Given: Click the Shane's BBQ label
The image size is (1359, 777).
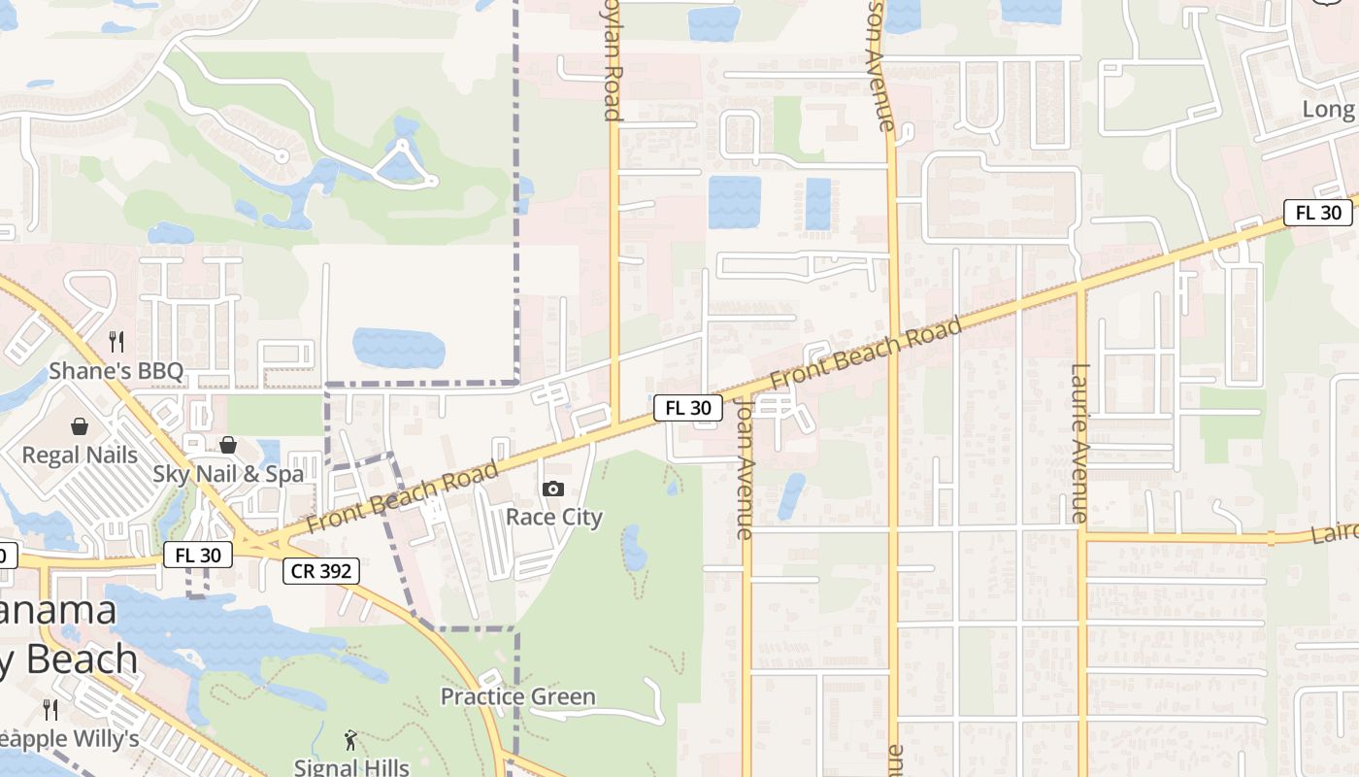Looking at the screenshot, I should (x=116, y=371).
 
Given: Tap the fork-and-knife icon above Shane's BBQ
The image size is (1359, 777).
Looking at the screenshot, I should (x=116, y=341).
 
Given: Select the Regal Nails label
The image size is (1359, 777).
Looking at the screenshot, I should (x=80, y=455).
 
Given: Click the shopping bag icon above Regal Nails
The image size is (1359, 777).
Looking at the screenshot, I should (x=80, y=425).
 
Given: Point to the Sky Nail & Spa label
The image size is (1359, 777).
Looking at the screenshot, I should (x=228, y=474).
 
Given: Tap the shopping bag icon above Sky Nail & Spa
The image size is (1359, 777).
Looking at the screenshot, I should (x=228, y=445).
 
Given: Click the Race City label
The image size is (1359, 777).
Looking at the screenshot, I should (x=554, y=517).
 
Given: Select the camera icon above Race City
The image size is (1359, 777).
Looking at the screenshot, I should (x=553, y=489).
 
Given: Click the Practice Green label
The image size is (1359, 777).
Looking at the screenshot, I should (x=518, y=696).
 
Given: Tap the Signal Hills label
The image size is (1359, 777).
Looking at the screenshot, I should (x=350, y=767).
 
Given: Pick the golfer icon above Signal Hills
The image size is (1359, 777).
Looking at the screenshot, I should (x=350, y=740).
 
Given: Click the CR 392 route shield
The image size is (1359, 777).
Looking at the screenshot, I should (x=322, y=571).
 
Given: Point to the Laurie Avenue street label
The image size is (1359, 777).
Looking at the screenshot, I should (x=1080, y=443).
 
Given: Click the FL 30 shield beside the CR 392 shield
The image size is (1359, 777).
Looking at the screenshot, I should (x=198, y=556).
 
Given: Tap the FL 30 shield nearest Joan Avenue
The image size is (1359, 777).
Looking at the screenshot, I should (x=688, y=408).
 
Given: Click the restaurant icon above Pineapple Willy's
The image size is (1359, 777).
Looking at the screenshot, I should (x=50, y=710).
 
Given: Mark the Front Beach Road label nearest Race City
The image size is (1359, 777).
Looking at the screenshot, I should (x=403, y=496).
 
